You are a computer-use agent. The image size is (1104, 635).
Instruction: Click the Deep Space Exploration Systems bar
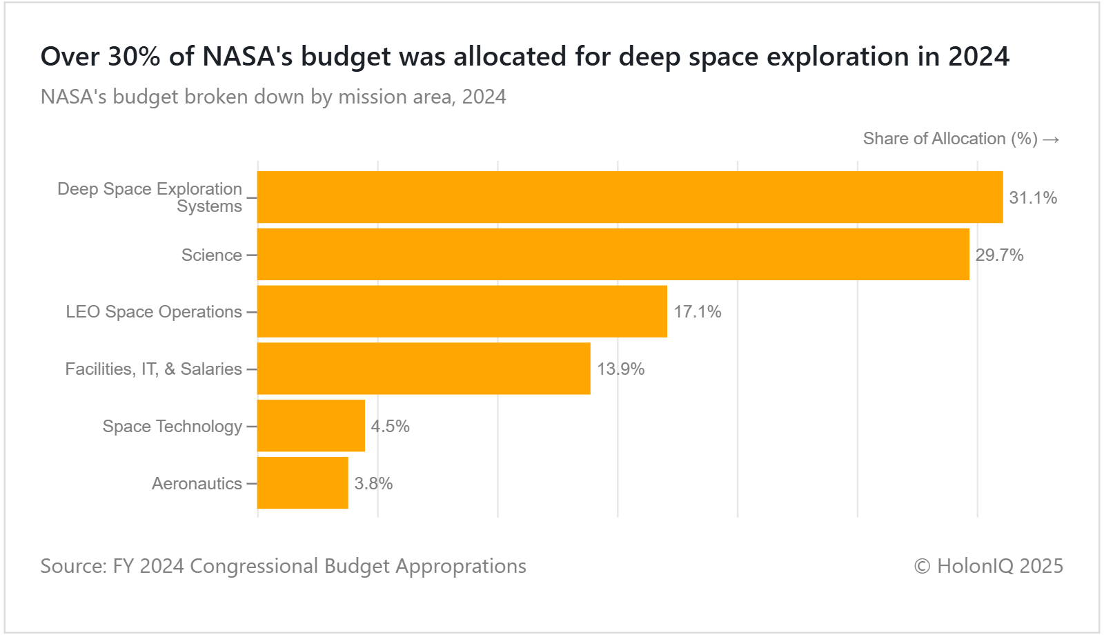(x=629, y=197)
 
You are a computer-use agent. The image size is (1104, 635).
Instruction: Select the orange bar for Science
(x=613, y=255)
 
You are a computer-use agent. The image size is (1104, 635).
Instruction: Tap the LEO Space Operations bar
(x=462, y=311)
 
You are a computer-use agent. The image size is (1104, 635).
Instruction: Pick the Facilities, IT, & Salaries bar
(x=424, y=369)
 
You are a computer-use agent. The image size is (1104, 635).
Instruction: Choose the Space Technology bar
(x=310, y=426)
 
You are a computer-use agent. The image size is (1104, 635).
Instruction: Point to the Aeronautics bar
(x=302, y=483)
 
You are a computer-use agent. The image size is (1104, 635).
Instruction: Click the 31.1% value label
(x=1033, y=198)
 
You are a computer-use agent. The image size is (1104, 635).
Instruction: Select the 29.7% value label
(x=999, y=255)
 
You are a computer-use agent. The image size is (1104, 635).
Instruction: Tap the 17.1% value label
(x=697, y=312)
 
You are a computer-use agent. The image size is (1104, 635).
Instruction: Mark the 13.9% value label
(x=620, y=369)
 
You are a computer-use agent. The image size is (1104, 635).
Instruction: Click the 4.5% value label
(x=390, y=427)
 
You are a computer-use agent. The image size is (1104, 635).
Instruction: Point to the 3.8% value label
(x=373, y=484)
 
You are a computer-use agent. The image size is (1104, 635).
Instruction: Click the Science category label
(x=211, y=255)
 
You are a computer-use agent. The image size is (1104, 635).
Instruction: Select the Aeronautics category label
(x=197, y=484)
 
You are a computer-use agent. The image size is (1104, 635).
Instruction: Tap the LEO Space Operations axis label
(x=154, y=312)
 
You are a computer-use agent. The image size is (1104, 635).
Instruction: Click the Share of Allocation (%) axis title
(x=950, y=139)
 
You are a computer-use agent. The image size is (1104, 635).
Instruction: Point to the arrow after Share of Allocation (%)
(x=1051, y=140)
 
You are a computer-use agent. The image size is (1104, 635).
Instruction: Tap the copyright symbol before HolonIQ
(x=922, y=567)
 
